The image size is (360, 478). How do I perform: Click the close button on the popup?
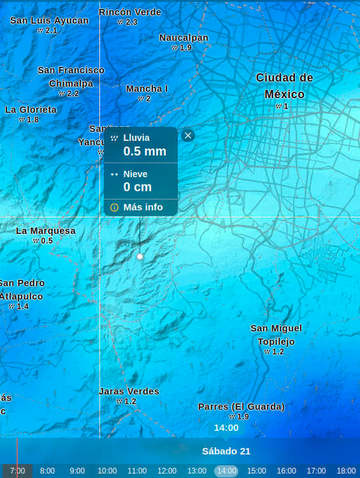click(x=188, y=135)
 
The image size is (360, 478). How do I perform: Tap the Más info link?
click(x=143, y=207)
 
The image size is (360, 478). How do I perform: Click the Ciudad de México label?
click(x=284, y=85)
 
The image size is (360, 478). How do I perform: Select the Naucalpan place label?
click(x=184, y=38)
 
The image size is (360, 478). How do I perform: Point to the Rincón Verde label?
click(x=130, y=12)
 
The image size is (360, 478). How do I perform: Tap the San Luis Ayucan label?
click(x=49, y=20)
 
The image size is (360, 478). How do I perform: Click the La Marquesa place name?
click(x=46, y=231)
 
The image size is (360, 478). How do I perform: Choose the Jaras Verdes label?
click(x=129, y=391)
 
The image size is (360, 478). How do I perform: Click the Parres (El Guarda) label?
click(x=241, y=407)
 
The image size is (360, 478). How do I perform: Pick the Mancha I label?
click(x=147, y=89)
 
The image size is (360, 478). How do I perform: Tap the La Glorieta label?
click(x=31, y=110)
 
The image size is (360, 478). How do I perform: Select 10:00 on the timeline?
click(x=107, y=471)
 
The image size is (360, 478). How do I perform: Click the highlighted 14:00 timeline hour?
click(x=226, y=471)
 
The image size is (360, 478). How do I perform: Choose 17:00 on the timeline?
click(x=316, y=471)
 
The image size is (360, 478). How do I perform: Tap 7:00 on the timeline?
click(x=17, y=471)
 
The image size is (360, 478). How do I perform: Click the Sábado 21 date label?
click(x=226, y=451)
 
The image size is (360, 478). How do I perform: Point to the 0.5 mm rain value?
click(x=145, y=151)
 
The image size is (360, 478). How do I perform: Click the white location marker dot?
click(x=140, y=256)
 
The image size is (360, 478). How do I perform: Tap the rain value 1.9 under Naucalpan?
click(x=185, y=48)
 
